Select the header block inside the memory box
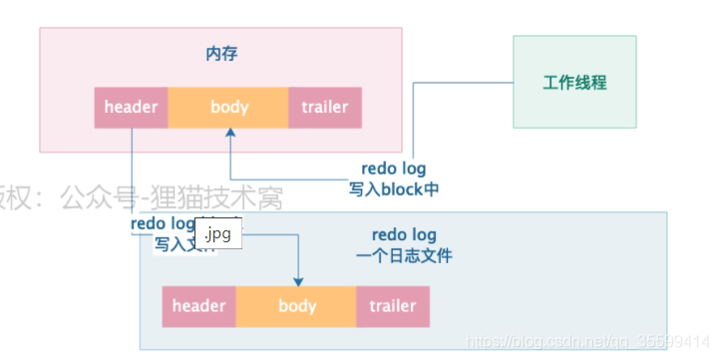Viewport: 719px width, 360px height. (131, 108)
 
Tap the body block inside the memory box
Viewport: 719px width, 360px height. (228, 108)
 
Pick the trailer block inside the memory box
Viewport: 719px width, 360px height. (325, 108)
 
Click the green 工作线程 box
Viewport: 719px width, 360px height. (574, 82)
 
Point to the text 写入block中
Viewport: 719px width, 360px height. (394, 188)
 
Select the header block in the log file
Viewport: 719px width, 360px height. (199, 306)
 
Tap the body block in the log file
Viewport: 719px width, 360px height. (296, 306)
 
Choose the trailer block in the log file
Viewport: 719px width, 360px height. (393, 306)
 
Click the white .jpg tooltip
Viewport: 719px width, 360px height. (218, 236)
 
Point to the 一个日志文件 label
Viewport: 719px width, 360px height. (403, 255)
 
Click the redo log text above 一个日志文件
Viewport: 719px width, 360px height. (403, 235)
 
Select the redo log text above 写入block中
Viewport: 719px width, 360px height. (394, 170)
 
